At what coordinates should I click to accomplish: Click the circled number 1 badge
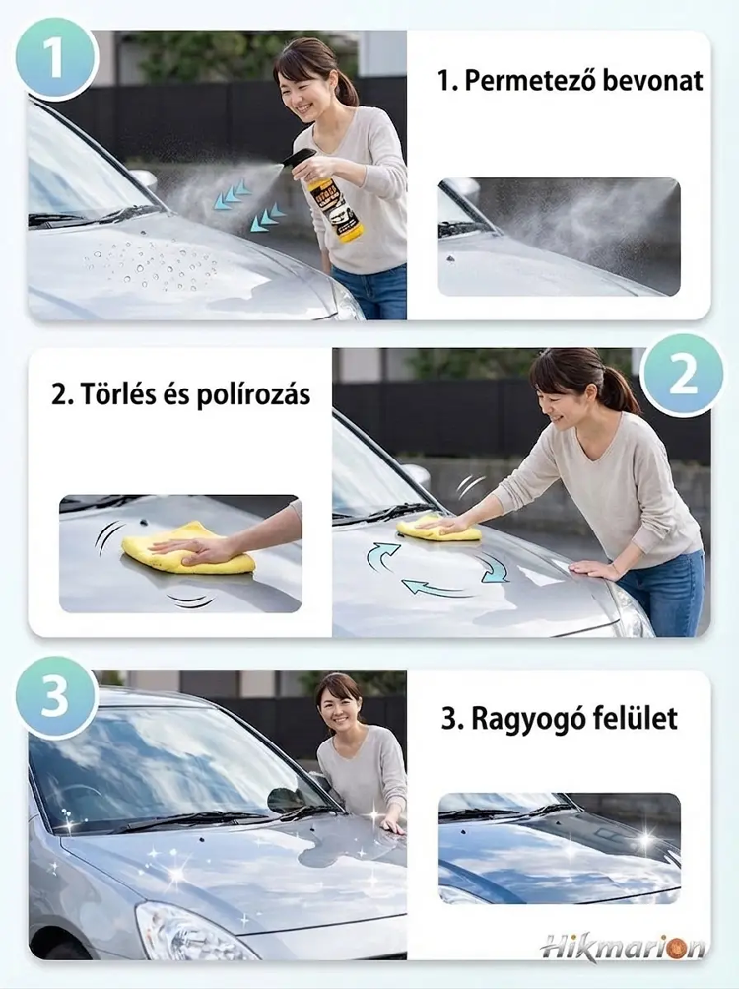click(56, 58)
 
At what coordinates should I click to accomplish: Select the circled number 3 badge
click(55, 697)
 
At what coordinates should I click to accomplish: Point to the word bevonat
click(651, 81)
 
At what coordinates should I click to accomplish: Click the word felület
click(630, 718)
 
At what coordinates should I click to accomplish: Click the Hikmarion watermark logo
click(623, 948)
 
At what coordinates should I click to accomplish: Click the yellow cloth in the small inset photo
click(188, 549)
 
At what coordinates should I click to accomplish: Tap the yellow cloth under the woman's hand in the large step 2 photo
click(438, 529)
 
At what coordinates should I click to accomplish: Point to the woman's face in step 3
click(340, 706)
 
